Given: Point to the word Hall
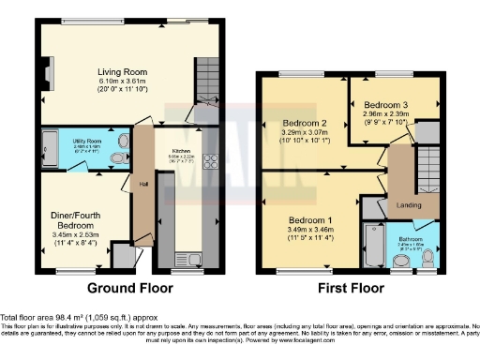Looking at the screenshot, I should pos(143,183).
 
